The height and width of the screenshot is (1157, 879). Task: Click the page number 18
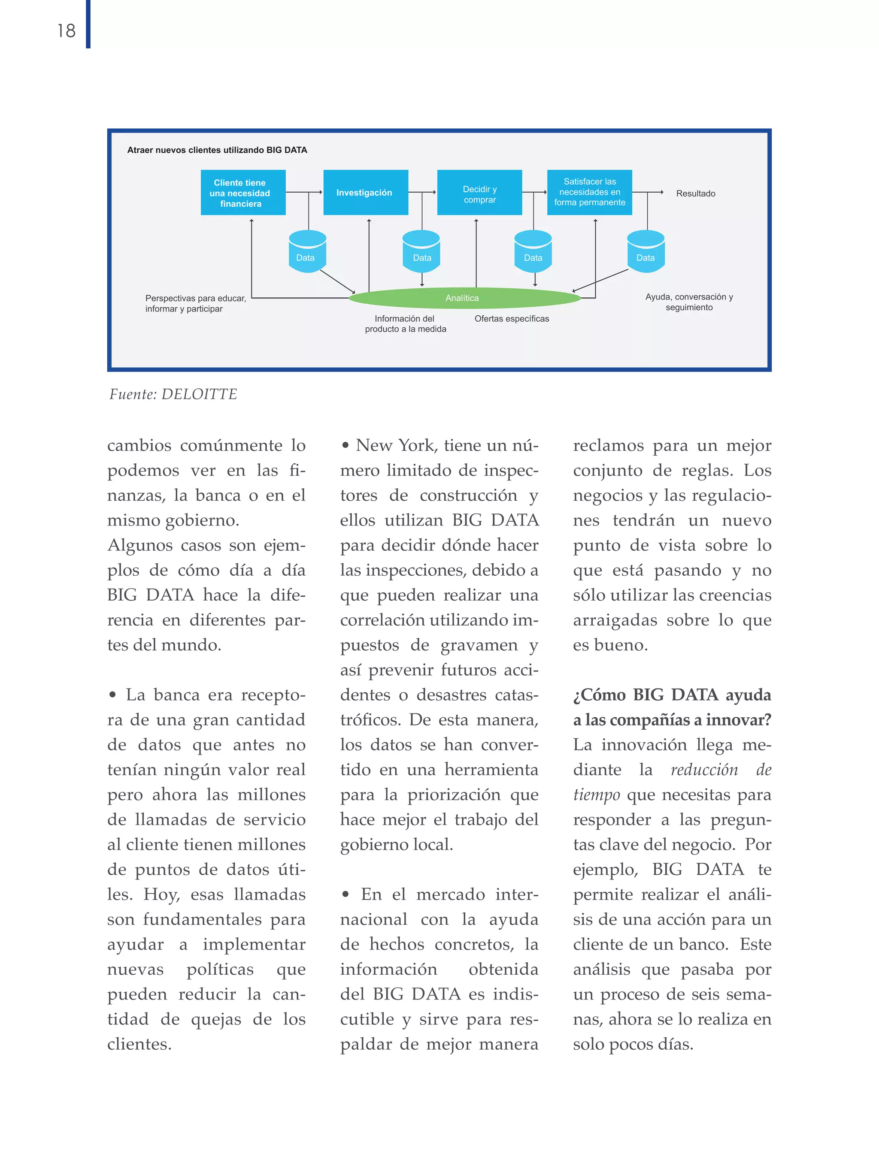(x=67, y=31)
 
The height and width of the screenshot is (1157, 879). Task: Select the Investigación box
(x=365, y=193)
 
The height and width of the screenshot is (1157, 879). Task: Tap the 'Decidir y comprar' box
(x=479, y=193)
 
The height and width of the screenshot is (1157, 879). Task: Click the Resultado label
(x=695, y=193)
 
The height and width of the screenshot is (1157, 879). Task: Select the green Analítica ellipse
(x=464, y=298)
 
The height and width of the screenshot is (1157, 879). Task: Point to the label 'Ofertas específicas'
(x=512, y=319)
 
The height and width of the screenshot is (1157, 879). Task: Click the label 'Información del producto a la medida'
(x=406, y=324)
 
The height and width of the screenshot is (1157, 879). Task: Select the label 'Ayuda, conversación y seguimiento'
(x=689, y=302)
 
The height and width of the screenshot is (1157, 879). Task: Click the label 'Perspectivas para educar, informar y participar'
(x=195, y=303)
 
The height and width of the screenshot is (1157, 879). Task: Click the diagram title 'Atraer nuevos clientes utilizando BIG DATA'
(x=217, y=150)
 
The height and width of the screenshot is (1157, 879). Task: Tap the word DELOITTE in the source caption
(x=199, y=394)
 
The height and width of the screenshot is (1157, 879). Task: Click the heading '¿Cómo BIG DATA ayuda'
(x=672, y=695)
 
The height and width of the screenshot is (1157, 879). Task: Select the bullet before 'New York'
(x=346, y=446)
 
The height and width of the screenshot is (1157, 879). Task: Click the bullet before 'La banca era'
(x=112, y=695)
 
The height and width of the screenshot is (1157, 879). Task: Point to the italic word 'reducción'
(x=704, y=770)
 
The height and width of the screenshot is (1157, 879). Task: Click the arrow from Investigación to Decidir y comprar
(x=422, y=193)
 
